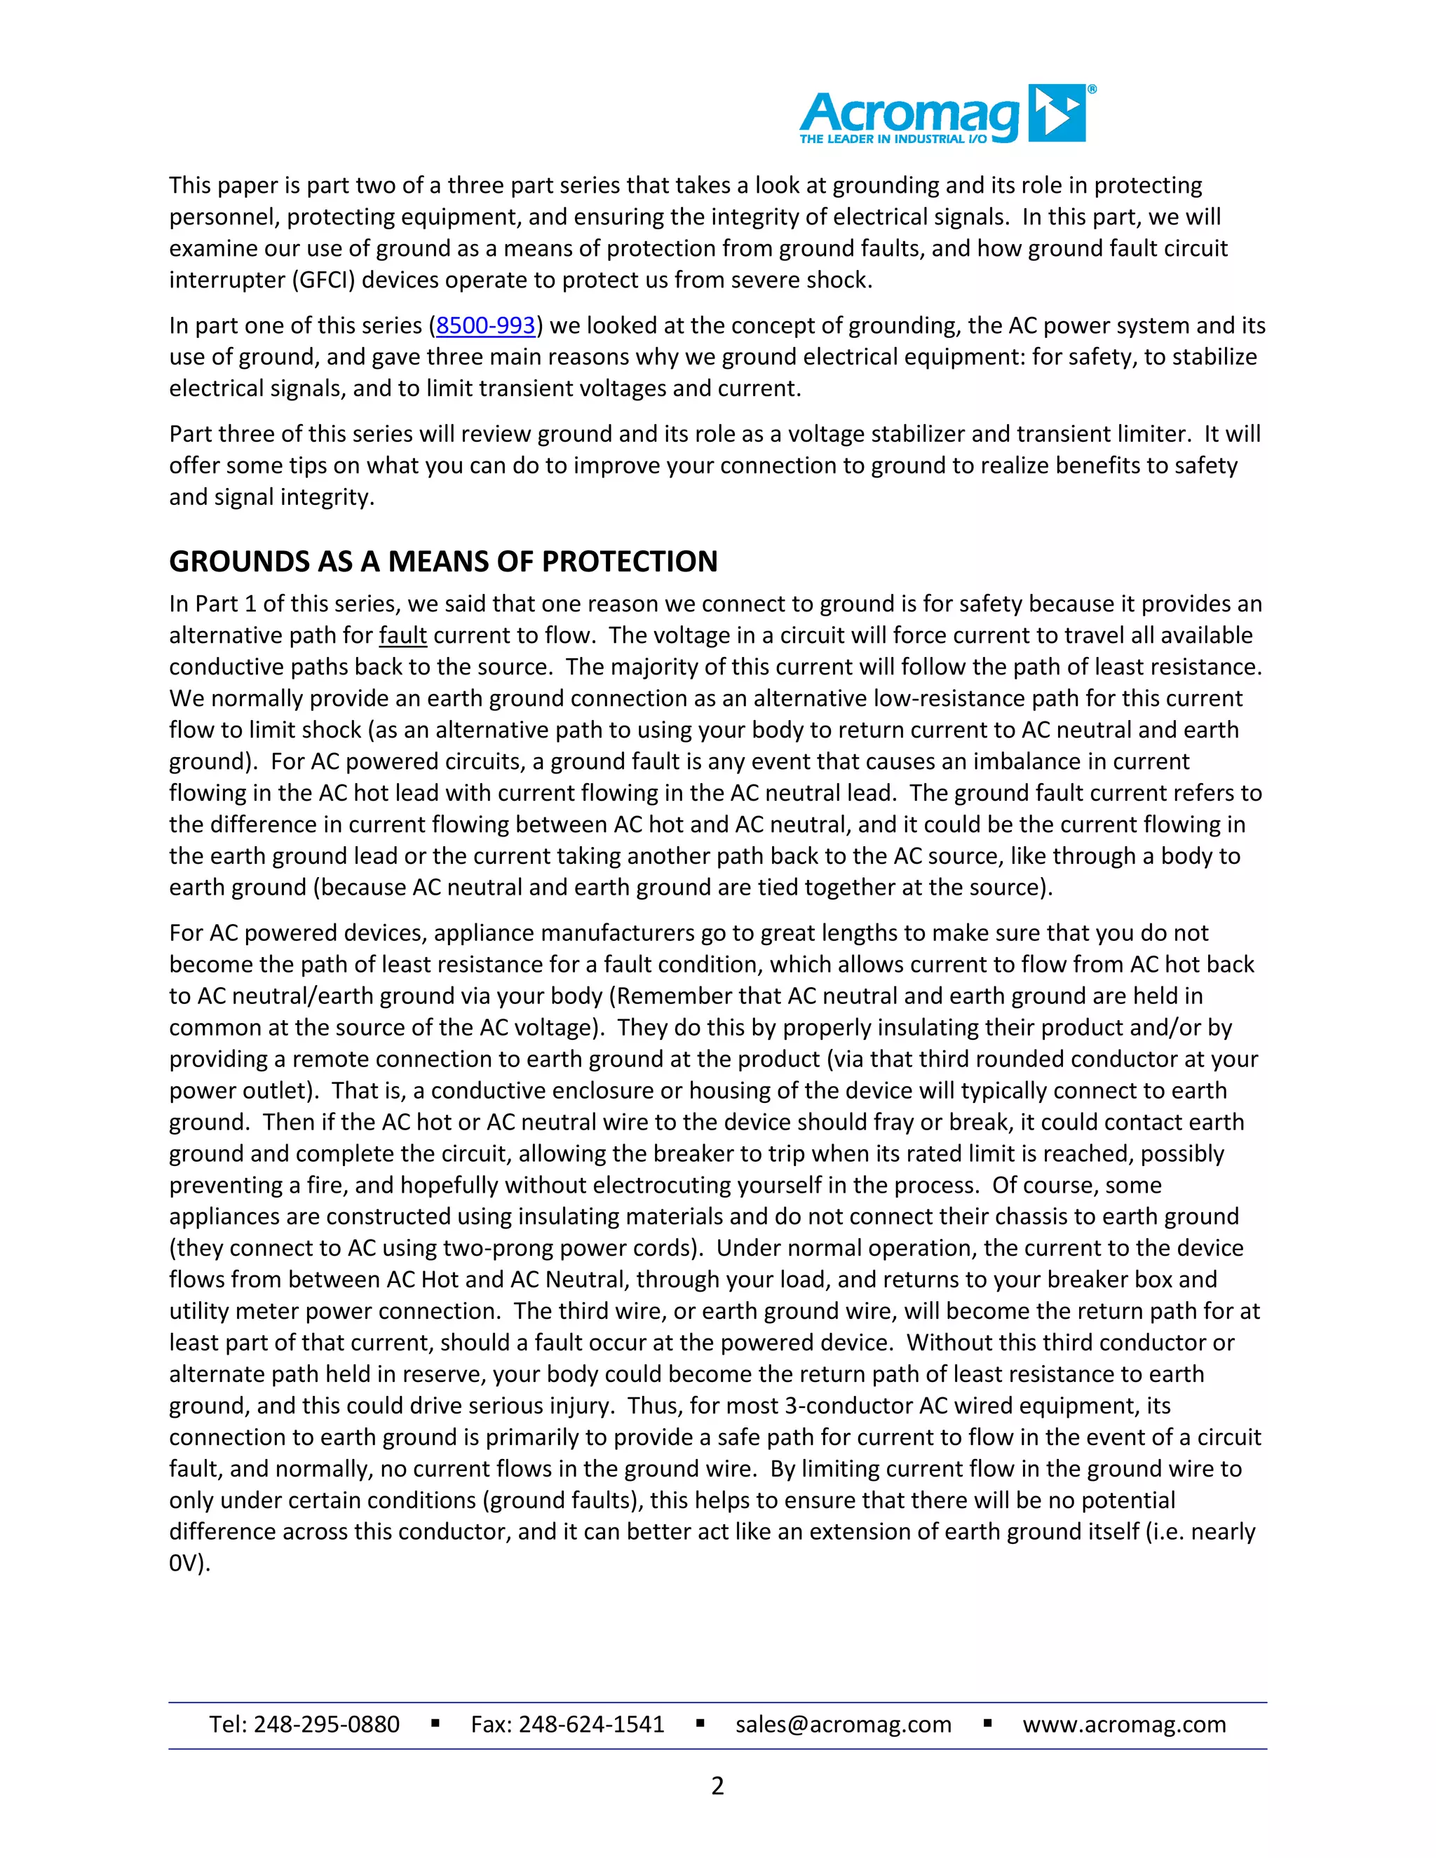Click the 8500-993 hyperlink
(486, 326)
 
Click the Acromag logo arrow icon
(1057, 112)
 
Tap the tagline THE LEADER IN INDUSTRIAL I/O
(893, 140)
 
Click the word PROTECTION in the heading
(630, 562)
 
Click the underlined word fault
(402, 635)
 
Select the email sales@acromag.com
(843, 1725)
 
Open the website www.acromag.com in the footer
(1124, 1725)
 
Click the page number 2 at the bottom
(717, 1786)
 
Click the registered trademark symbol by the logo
(1092, 89)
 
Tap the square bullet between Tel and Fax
(435, 1723)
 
